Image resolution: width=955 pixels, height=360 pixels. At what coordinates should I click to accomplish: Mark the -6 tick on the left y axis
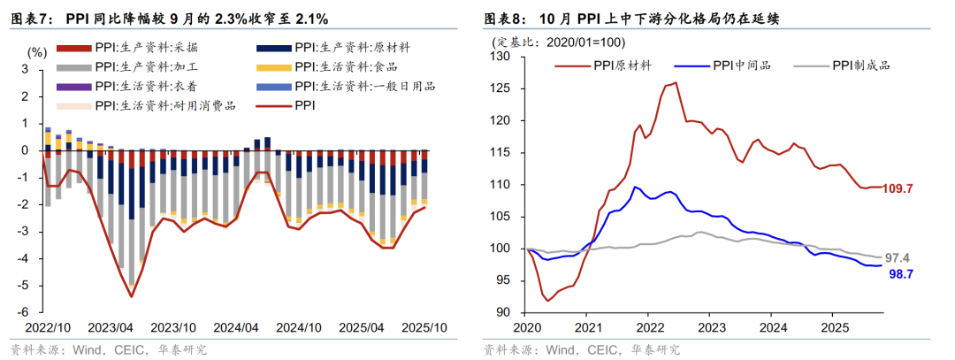[28, 311]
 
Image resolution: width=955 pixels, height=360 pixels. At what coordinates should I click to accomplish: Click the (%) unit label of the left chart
[37, 53]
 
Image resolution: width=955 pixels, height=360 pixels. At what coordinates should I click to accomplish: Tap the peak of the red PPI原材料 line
[676, 82]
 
